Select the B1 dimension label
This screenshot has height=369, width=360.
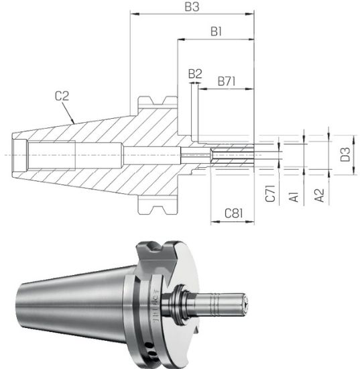point(216,32)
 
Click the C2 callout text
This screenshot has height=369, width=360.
point(62,96)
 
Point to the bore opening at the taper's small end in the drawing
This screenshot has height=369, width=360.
point(19,155)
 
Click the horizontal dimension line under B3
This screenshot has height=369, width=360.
point(190,15)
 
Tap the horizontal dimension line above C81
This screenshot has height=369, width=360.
point(233,224)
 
